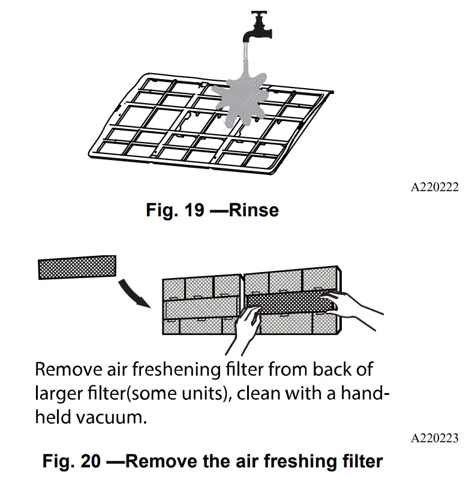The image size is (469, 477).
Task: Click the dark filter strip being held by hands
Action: tap(288, 303)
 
